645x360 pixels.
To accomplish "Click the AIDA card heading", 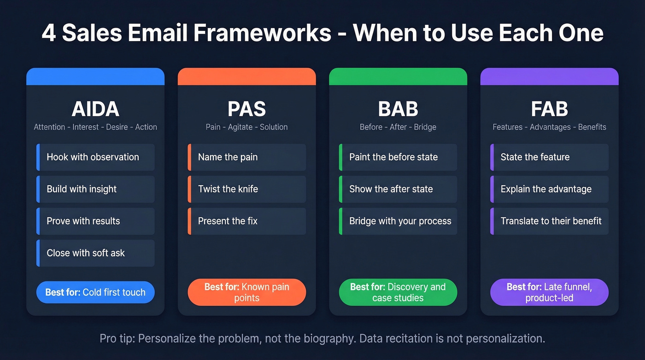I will (x=95, y=109).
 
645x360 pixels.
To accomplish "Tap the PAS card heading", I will (x=246, y=109).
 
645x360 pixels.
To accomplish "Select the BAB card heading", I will (x=398, y=109).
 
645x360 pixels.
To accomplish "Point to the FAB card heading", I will (x=549, y=109).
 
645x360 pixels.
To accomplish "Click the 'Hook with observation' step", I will (x=95, y=157).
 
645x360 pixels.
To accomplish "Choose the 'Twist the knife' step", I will (x=246, y=189).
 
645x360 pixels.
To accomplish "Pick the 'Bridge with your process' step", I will (x=398, y=221).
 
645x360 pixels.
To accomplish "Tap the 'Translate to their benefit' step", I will (x=549, y=221).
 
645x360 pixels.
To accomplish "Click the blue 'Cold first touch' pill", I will (x=95, y=292).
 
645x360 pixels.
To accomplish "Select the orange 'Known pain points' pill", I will (x=246, y=292).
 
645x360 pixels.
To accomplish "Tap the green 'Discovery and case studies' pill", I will (x=398, y=292).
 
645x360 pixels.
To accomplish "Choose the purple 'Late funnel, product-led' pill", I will (x=549, y=292).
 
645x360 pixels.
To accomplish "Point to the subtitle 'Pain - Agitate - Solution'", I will (x=246, y=127).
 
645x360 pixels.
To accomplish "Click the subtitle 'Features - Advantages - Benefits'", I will (x=549, y=127).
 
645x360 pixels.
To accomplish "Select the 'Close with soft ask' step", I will (x=95, y=253).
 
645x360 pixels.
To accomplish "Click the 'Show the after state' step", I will (x=398, y=189).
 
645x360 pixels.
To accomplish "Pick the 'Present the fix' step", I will (x=246, y=221).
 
